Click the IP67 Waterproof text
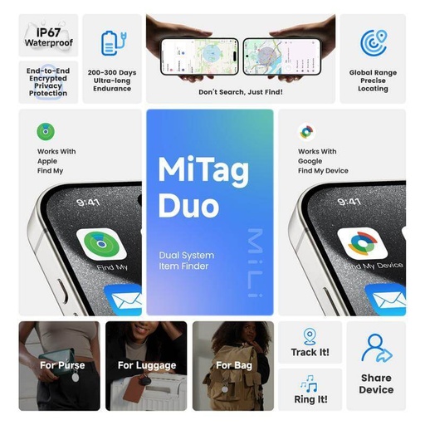pos(48,36)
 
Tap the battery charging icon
pos(110,42)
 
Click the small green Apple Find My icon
pos(46,131)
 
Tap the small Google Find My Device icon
pos(307,131)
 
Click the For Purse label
pos(62,365)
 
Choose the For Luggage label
pos(147,365)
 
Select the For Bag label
pos(235,365)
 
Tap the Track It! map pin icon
pos(310,336)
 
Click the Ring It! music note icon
pos(310,383)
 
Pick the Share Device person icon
pos(376,348)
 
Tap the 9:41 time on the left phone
pos(89,202)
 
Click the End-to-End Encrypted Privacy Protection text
pos(47,82)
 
